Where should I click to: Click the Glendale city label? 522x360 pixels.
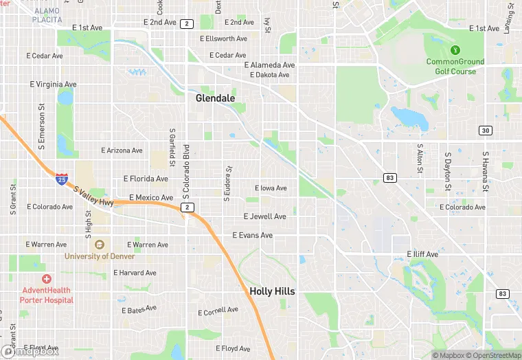(215, 98)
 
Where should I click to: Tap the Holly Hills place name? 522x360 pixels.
(272, 291)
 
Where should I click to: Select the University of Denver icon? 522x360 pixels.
(100, 245)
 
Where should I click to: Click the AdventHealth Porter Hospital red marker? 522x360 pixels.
(46, 279)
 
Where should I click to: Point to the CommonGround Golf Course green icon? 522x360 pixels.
(454, 50)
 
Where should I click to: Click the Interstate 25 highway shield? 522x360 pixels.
(62, 179)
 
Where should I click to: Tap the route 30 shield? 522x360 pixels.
(486, 131)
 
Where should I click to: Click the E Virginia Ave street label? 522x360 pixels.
(53, 85)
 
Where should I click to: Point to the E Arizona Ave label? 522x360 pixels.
(122, 150)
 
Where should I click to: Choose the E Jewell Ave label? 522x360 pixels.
(264, 216)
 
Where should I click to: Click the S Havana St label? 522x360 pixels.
(485, 172)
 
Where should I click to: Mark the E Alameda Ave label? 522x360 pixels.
(269, 65)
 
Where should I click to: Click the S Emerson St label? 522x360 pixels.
(42, 126)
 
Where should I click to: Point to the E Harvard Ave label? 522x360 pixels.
(135, 273)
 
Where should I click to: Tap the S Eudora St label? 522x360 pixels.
(229, 182)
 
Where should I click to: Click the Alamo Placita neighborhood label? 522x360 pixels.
(47, 16)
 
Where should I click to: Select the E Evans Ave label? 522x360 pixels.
(252, 236)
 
